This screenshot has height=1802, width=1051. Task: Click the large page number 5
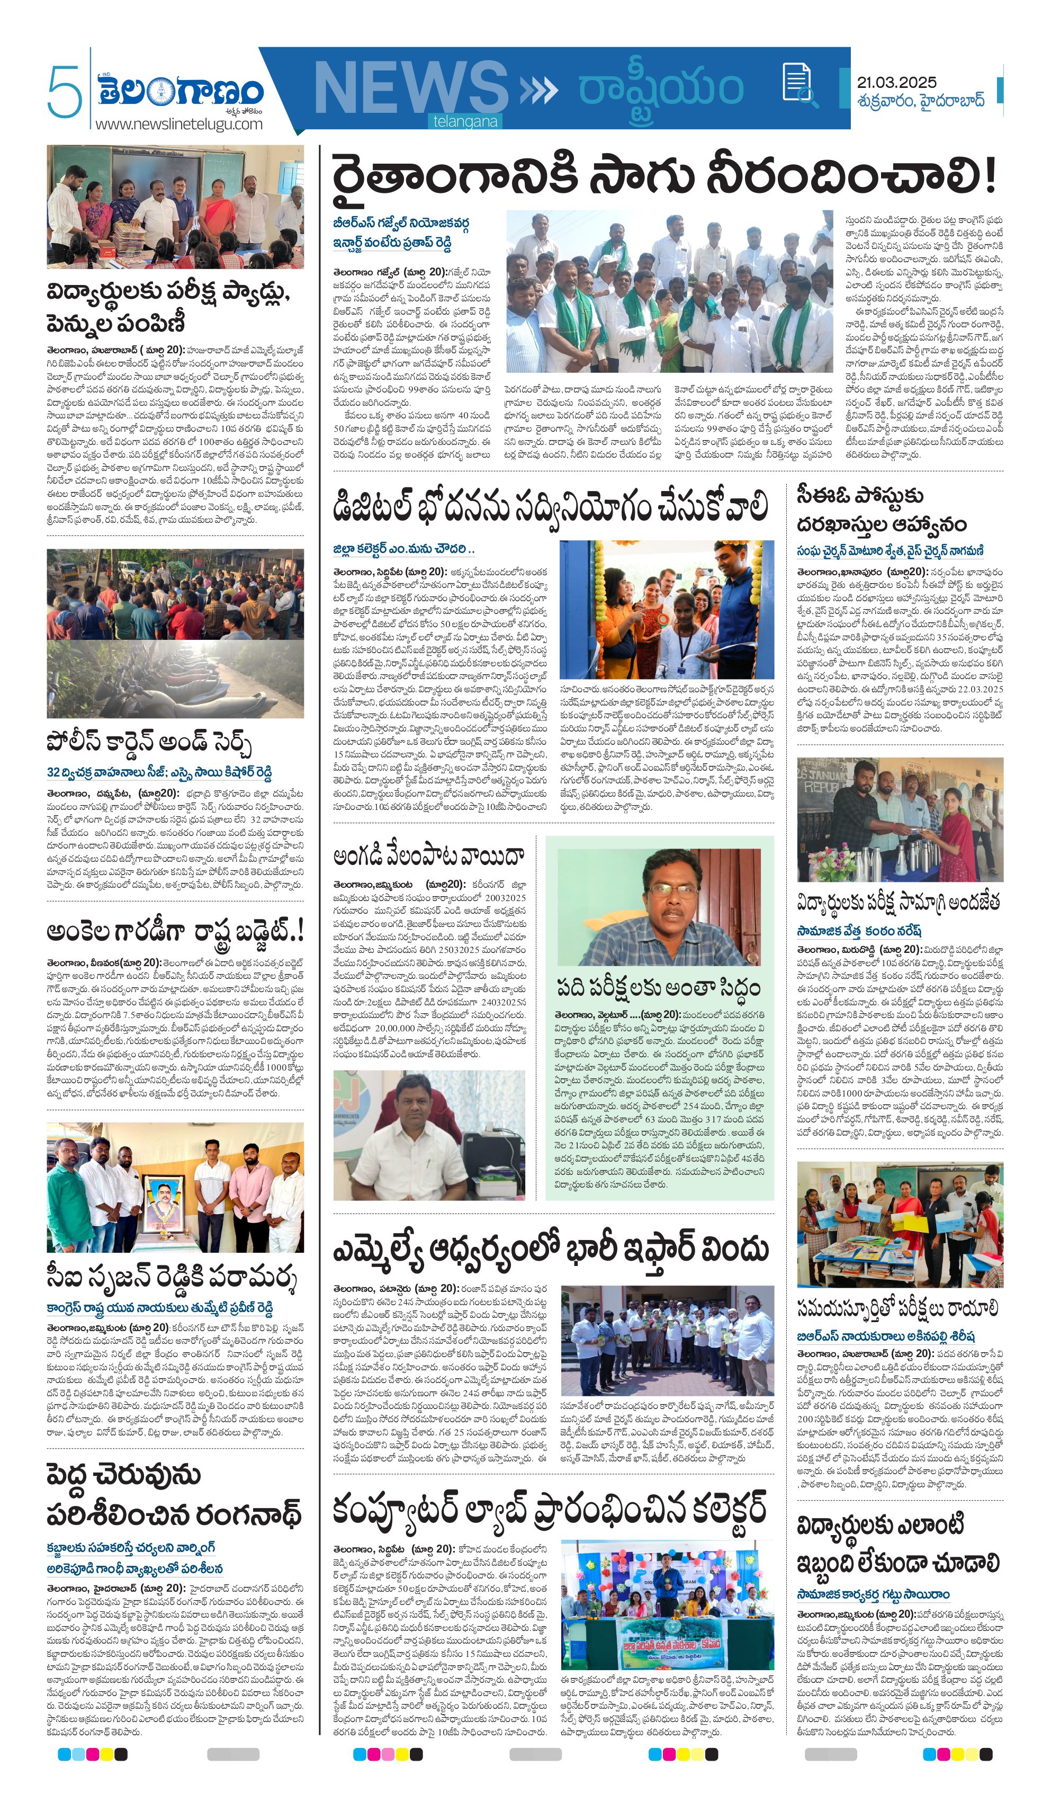[x=63, y=92]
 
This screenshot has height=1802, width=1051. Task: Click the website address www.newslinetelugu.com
[x=179, y=124]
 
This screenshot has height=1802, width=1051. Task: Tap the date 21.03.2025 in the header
[x=896, y=83]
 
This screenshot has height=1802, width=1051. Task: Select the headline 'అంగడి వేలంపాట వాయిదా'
[x=429, y=856]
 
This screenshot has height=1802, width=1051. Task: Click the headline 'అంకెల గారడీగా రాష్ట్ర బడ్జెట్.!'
[x=176, y=932]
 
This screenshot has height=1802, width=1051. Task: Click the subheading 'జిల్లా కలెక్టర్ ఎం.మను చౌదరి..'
[x=404, y=549]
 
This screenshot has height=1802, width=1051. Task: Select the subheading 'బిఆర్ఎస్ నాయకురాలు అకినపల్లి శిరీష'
[x=886, y=1336]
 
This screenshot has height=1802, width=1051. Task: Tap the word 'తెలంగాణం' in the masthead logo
[x=181, y=92]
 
